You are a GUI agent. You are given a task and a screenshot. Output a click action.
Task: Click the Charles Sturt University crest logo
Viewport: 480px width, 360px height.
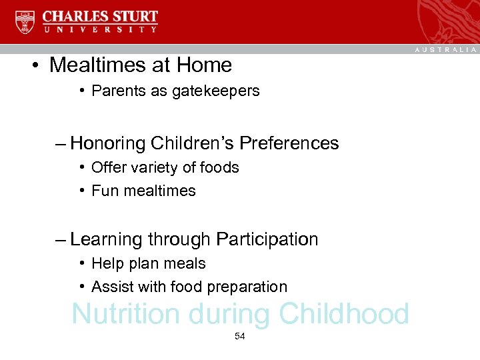pos(25,21)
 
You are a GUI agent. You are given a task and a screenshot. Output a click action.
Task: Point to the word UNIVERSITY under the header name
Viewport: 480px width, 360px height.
pos(100,29)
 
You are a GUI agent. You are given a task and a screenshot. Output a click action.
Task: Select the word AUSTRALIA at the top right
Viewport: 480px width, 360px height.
pos(446,50)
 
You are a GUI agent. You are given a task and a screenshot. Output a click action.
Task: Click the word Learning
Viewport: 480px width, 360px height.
pos(106,239)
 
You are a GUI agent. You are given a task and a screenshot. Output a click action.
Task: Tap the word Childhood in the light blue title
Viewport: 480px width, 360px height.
pos(344,314)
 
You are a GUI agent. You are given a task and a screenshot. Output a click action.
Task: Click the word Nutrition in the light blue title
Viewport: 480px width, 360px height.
pos(125,314)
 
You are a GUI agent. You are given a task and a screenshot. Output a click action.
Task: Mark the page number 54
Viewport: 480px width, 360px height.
pos(240,337)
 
